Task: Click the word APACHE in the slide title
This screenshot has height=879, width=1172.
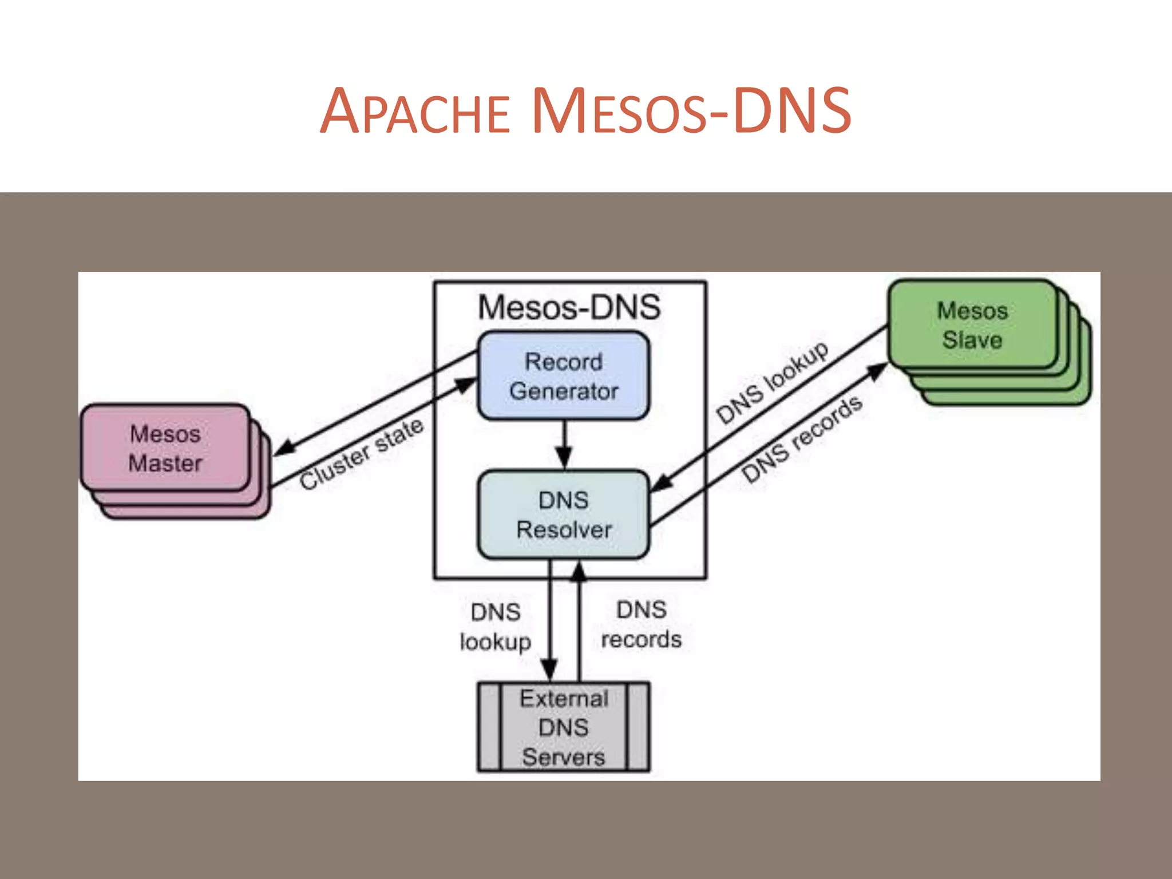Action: [x=414, y=112]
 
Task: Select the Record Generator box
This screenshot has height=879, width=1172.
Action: [x=564, y=376]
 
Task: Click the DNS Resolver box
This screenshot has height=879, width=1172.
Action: [x=564, y=514]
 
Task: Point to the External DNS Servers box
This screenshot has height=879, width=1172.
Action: [x=564, y=727]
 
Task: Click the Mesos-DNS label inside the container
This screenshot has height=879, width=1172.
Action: [x=569, y=307]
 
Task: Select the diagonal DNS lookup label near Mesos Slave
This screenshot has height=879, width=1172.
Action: [x=772, y=382]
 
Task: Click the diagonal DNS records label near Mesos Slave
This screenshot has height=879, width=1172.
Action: [x=801, y=439]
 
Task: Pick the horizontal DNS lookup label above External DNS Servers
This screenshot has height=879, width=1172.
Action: [x=496, y=627]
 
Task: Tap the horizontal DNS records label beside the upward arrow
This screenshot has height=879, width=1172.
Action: [x=642, y=624]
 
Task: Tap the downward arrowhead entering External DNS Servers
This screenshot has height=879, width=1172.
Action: [x=549, y=670]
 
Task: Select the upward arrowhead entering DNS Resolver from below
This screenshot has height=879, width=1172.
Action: [x=579, y=572]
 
